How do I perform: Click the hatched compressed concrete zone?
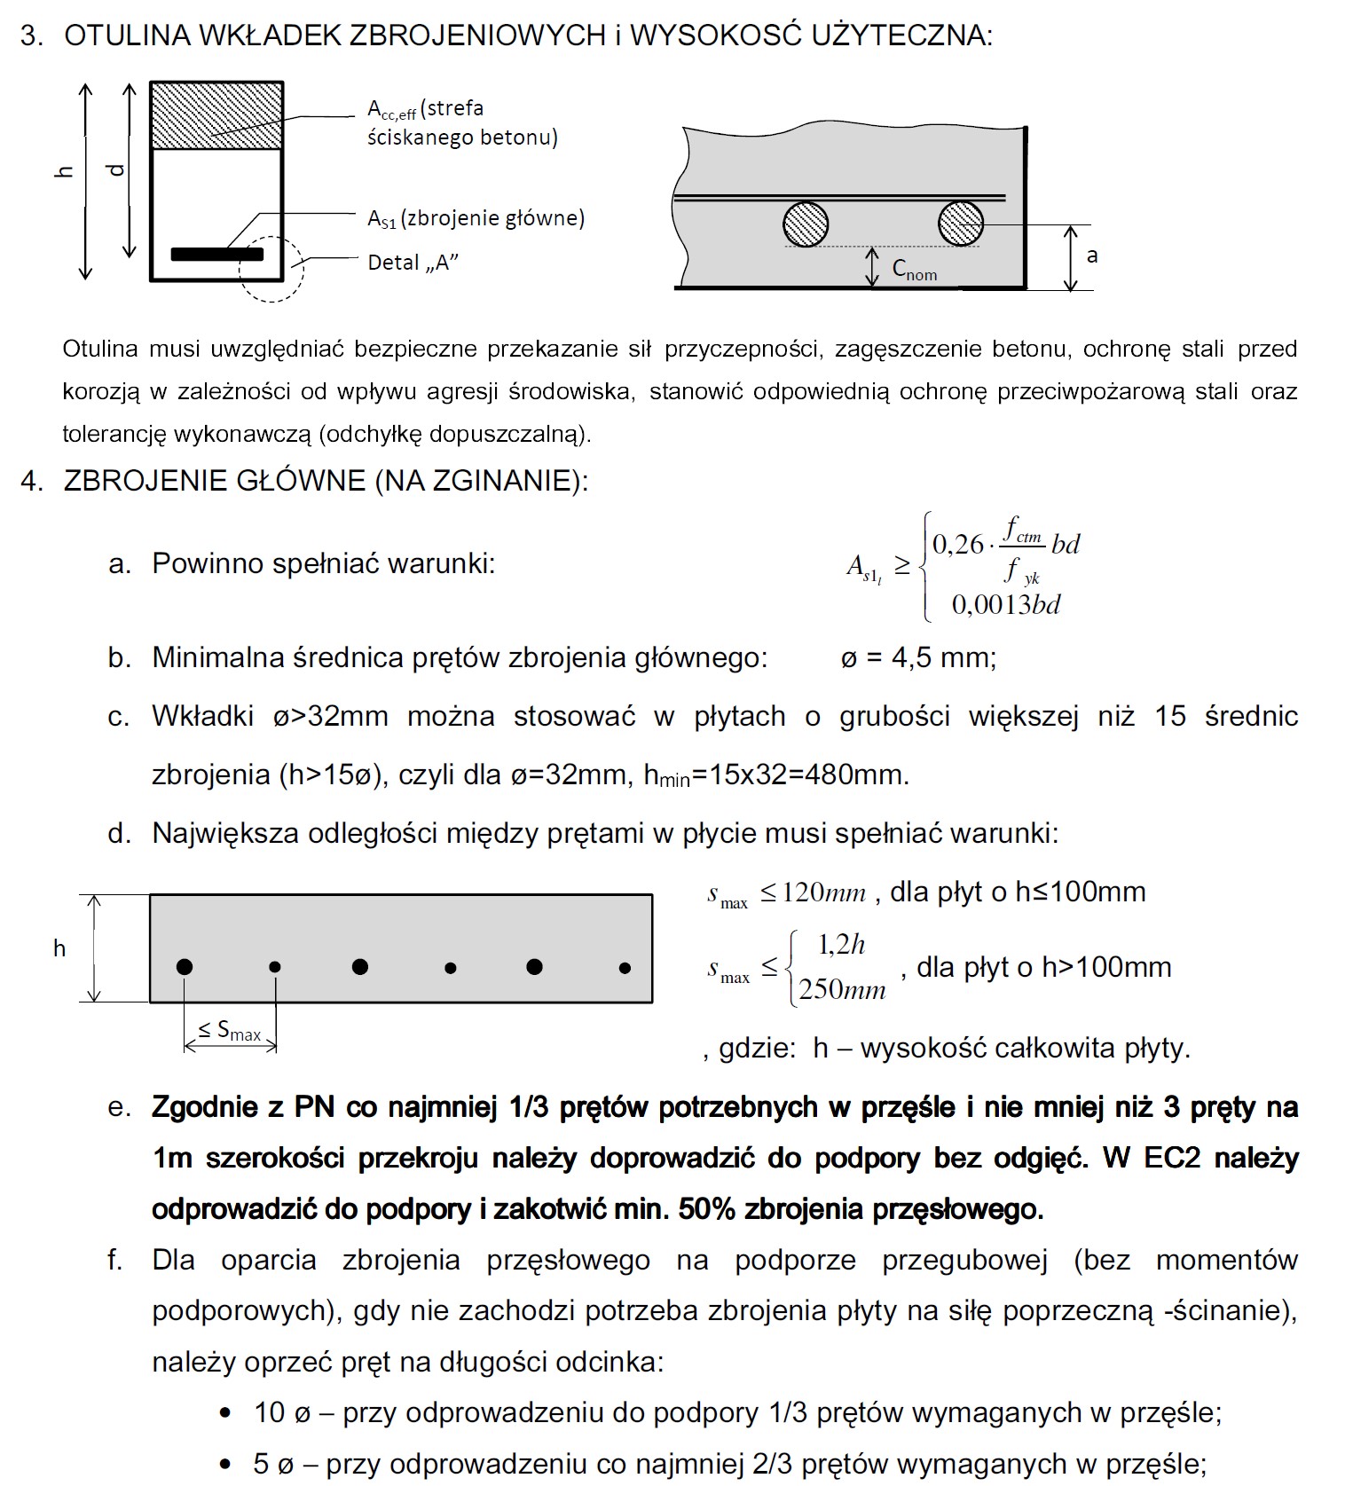coord(216,115)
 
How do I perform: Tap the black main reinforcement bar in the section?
coord(216,255)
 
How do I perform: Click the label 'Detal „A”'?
coord(413,263)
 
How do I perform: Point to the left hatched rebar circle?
coord(806,223)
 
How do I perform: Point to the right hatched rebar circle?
coord(960,223)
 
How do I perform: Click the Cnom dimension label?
coord(914,270)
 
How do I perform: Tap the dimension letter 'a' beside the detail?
coord(1092,256)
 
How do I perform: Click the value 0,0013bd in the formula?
coord(1006,605)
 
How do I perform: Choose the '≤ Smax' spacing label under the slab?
coord(230,1031)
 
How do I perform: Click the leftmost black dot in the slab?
coord(185,966)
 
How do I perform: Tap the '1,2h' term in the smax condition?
coord(840,945)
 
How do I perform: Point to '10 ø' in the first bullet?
coord(282,1412)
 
